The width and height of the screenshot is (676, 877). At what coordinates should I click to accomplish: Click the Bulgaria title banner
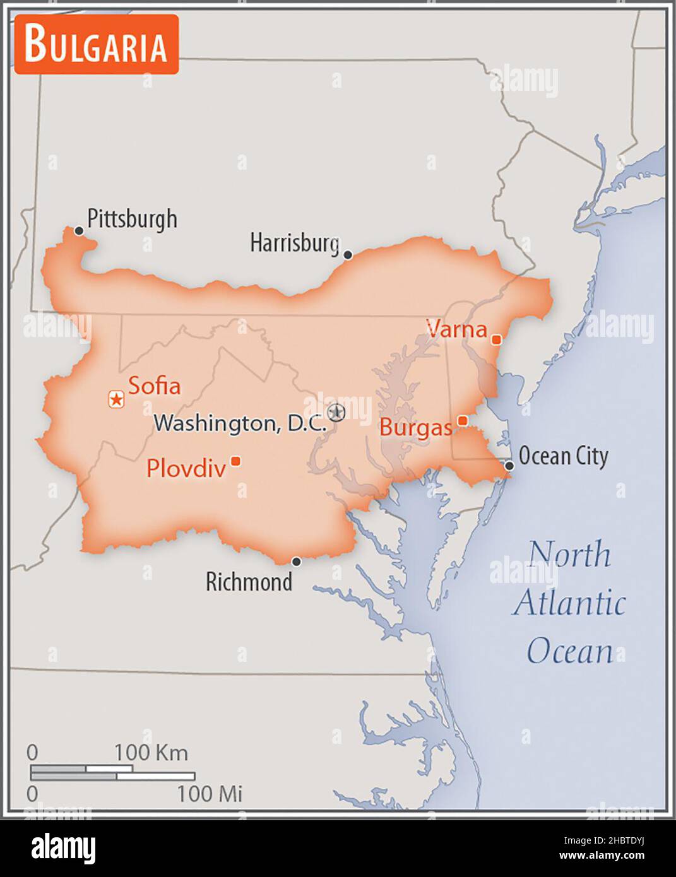(x=97, y=44)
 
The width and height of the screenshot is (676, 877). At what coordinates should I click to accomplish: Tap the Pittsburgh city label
(x=132, y=219)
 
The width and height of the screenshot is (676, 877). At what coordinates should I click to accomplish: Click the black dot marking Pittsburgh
(x=79, y=231)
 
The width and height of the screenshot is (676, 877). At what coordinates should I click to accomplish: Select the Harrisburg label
(x=295, y=242)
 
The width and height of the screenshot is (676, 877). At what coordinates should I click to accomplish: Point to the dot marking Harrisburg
(x=347, y=255)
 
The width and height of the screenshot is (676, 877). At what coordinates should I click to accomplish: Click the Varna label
(x=456, y=329)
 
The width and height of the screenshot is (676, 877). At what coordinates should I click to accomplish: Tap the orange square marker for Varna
(x=496, y=340)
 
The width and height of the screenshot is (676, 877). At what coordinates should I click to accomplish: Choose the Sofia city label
(x=155, y=386)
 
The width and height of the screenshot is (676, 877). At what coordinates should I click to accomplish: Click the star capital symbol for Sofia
(x=116, y=399)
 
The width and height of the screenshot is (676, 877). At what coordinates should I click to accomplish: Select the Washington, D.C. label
(x=240, y=423)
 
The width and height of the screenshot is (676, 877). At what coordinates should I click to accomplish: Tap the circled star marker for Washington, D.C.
(x=338, y=412)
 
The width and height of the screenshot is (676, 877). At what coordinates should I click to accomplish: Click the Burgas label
(x=415, y=428)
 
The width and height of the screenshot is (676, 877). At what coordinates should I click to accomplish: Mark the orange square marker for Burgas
(x=463, y=420)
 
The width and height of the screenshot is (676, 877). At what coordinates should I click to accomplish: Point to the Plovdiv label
(x=186, y=469)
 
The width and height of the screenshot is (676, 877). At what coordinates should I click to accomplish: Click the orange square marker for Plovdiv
(x=235, y=461)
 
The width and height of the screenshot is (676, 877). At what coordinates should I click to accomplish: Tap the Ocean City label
(x=563, y=456)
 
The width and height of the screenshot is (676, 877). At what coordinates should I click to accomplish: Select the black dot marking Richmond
(x=296, y=562)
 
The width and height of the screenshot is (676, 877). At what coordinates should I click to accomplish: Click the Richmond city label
(x=249, y=582)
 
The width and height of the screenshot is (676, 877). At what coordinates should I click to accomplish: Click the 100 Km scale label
(x=151, y=753)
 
